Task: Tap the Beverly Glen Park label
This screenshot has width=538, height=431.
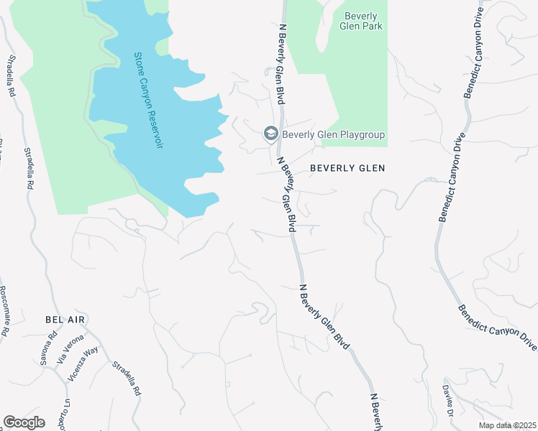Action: (x=363, y=21)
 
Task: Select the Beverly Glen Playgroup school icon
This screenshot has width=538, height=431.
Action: (x=270, y=134)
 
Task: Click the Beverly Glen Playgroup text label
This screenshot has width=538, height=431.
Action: (x=333, y=134)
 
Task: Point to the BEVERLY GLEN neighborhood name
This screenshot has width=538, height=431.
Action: (x=347, y=168)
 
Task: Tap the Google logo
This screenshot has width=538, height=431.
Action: (x=24, y=422)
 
